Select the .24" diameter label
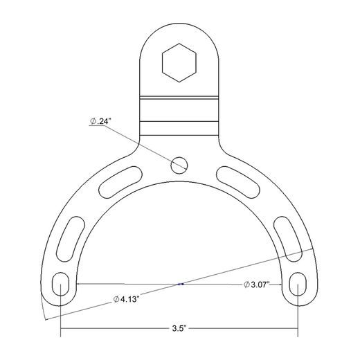[100, 121]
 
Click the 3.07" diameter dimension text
[257, 285]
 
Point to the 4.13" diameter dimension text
[126, 300]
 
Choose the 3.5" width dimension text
[179, 329]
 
